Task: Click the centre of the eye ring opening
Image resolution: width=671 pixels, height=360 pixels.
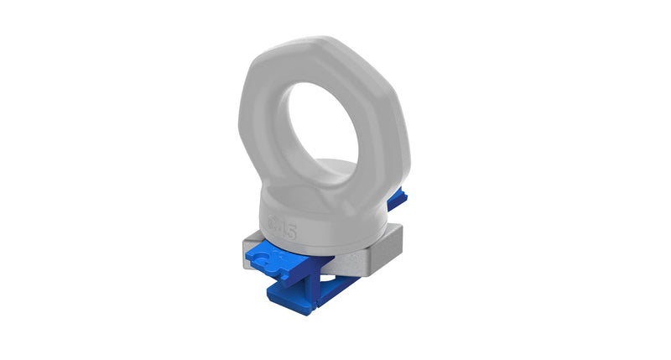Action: pos(327,126)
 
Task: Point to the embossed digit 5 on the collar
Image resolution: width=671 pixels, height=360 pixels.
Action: pos(289,229)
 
